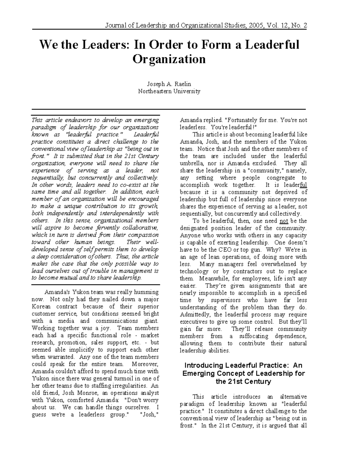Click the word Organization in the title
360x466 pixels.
pos(169,59)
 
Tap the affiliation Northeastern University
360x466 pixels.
pos(169,91)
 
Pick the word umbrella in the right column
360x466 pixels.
pos(192,164)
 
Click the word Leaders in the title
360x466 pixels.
pos(100,45)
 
